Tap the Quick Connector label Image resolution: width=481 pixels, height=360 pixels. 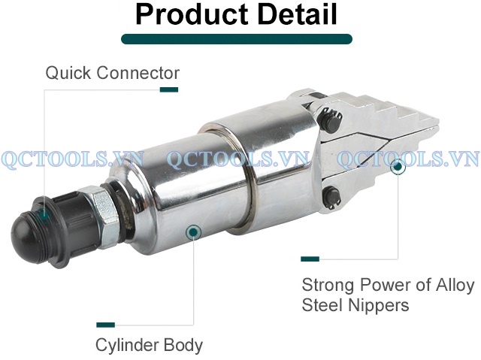(113, 73)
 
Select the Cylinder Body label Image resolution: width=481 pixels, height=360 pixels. (149, 345)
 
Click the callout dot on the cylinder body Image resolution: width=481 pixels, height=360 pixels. (194, 231)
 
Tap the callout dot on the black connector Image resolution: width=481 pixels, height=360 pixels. (44, 213)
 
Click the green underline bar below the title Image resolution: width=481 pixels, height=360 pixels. (237, 39)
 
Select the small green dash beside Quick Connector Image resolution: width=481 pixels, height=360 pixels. (169, 89)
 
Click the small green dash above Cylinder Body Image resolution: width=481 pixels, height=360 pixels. (106, 325)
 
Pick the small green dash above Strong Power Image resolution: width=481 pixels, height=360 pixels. (310, 259)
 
